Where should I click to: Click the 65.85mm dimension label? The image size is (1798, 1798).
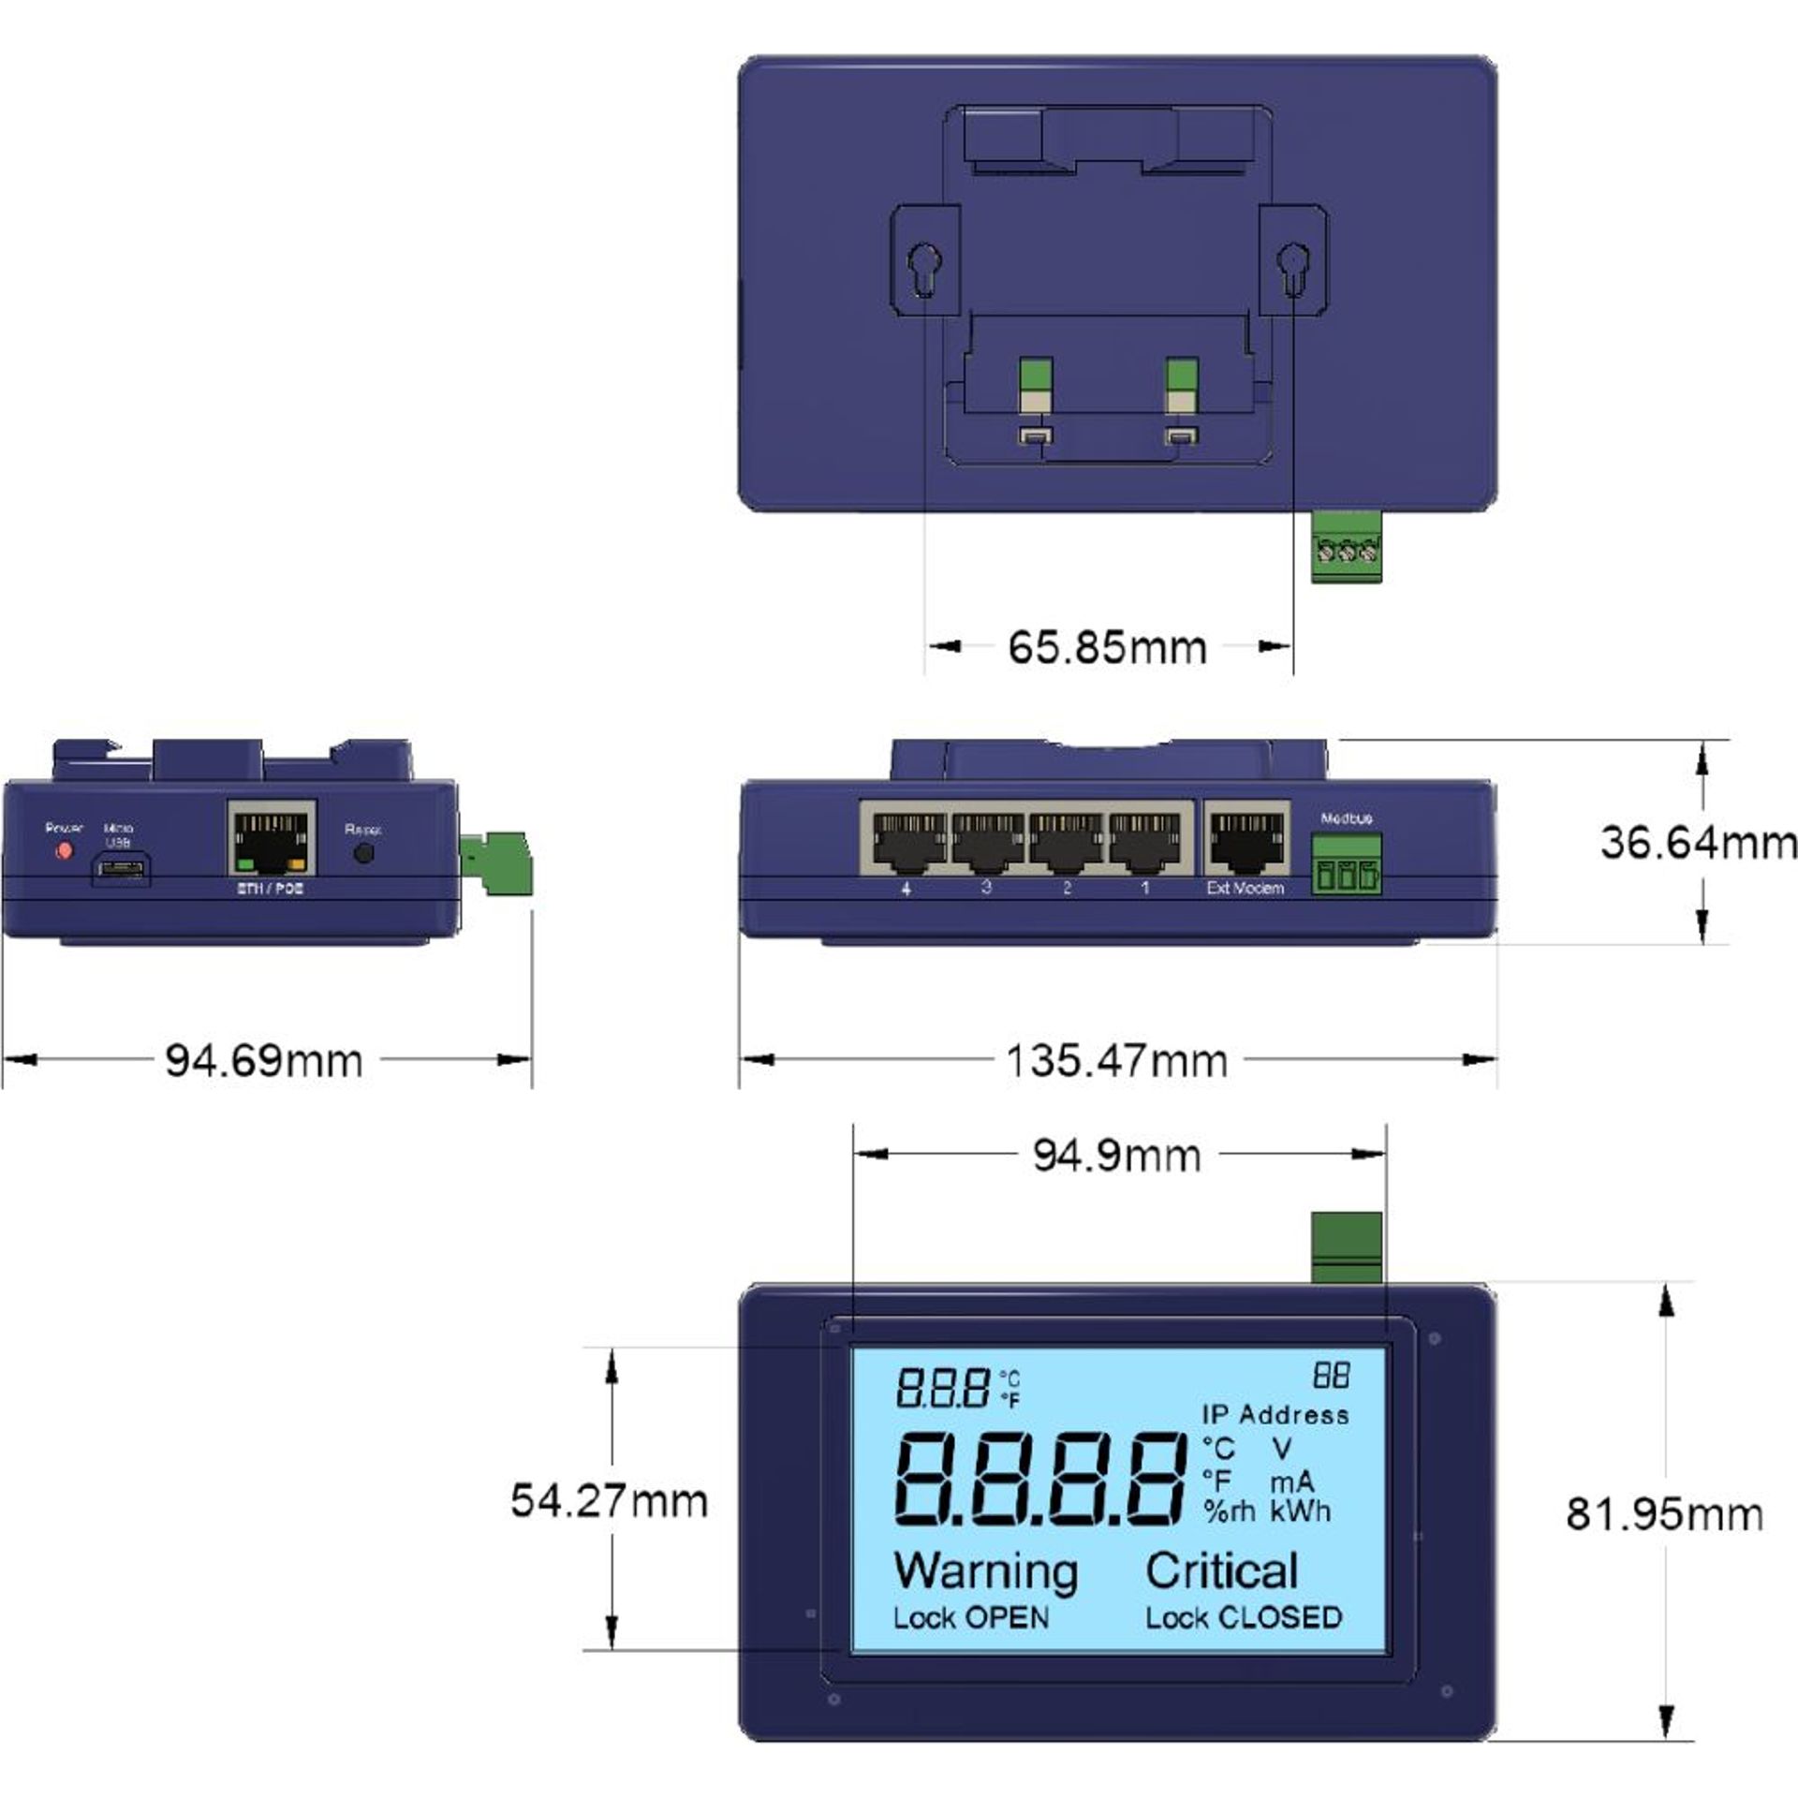pos(1107,648)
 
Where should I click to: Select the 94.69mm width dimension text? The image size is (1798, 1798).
pos(264,1061)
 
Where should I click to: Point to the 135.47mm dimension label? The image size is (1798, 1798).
pos(1116,1061)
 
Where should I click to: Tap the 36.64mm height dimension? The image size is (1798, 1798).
pos(1697,843)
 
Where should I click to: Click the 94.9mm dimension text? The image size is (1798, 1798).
pos(1116,1155)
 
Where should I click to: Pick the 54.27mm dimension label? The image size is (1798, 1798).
pos(609,1501)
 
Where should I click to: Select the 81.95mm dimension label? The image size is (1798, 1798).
pos(1664,1514)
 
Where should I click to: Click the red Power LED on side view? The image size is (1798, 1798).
pos(64,851)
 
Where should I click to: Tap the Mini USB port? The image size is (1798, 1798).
pos(120,870)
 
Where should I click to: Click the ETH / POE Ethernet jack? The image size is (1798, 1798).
pos(272,838)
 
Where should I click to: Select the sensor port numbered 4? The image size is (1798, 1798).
pos(904,840)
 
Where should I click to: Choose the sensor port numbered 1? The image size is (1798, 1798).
pos(1144,840)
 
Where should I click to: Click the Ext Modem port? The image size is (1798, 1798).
pos(1245,840)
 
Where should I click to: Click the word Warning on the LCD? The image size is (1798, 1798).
pos(985,1570)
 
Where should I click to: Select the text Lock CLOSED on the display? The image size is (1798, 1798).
pos(1244,1617)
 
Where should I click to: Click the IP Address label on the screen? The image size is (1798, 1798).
pos(1275,1415)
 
